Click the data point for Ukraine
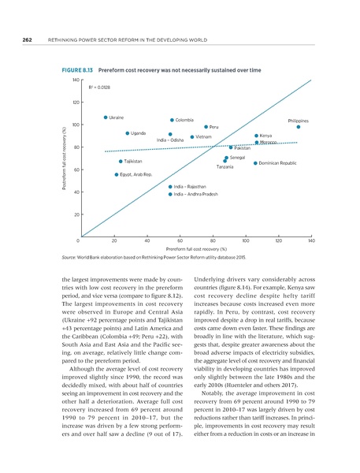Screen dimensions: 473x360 click(x=106, y=117)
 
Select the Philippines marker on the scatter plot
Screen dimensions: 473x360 click(x=299, y=127)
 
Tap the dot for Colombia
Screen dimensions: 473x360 click(x=171, y=120)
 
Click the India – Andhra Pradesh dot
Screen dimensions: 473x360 click(x=170, y=193)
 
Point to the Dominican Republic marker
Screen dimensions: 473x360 click(x=255, y=163)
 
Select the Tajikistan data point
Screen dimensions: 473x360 click(x=121, y=162)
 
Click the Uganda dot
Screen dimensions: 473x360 click(x=127, y=133)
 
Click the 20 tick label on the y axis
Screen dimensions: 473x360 click(x=76, y=214)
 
